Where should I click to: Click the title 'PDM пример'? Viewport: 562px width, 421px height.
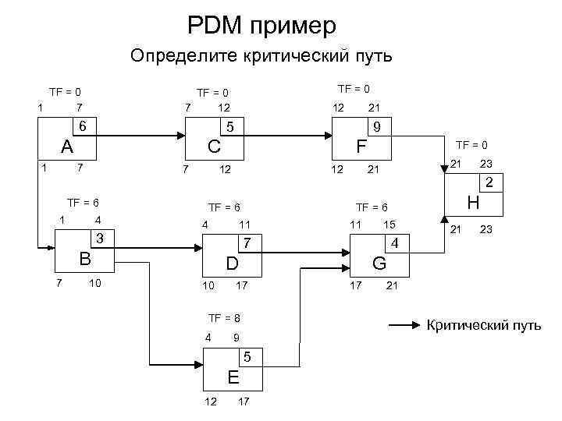262,26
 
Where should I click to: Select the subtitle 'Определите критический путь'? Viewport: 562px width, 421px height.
262,56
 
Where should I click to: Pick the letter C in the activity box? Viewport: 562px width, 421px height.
212,147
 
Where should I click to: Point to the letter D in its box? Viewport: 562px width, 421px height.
232,264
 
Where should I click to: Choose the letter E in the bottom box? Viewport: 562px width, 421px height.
233,377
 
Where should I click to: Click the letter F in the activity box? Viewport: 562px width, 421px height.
361,147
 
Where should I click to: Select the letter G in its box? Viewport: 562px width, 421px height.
379,264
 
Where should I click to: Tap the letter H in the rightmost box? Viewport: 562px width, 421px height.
471,202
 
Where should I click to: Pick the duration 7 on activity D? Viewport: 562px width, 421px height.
247,242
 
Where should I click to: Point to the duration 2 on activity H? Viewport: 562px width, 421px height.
489,184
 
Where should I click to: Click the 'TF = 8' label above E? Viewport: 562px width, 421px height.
224,318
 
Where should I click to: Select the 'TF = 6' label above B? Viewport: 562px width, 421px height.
83,202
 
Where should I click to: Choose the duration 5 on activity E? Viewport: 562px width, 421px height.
247,358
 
